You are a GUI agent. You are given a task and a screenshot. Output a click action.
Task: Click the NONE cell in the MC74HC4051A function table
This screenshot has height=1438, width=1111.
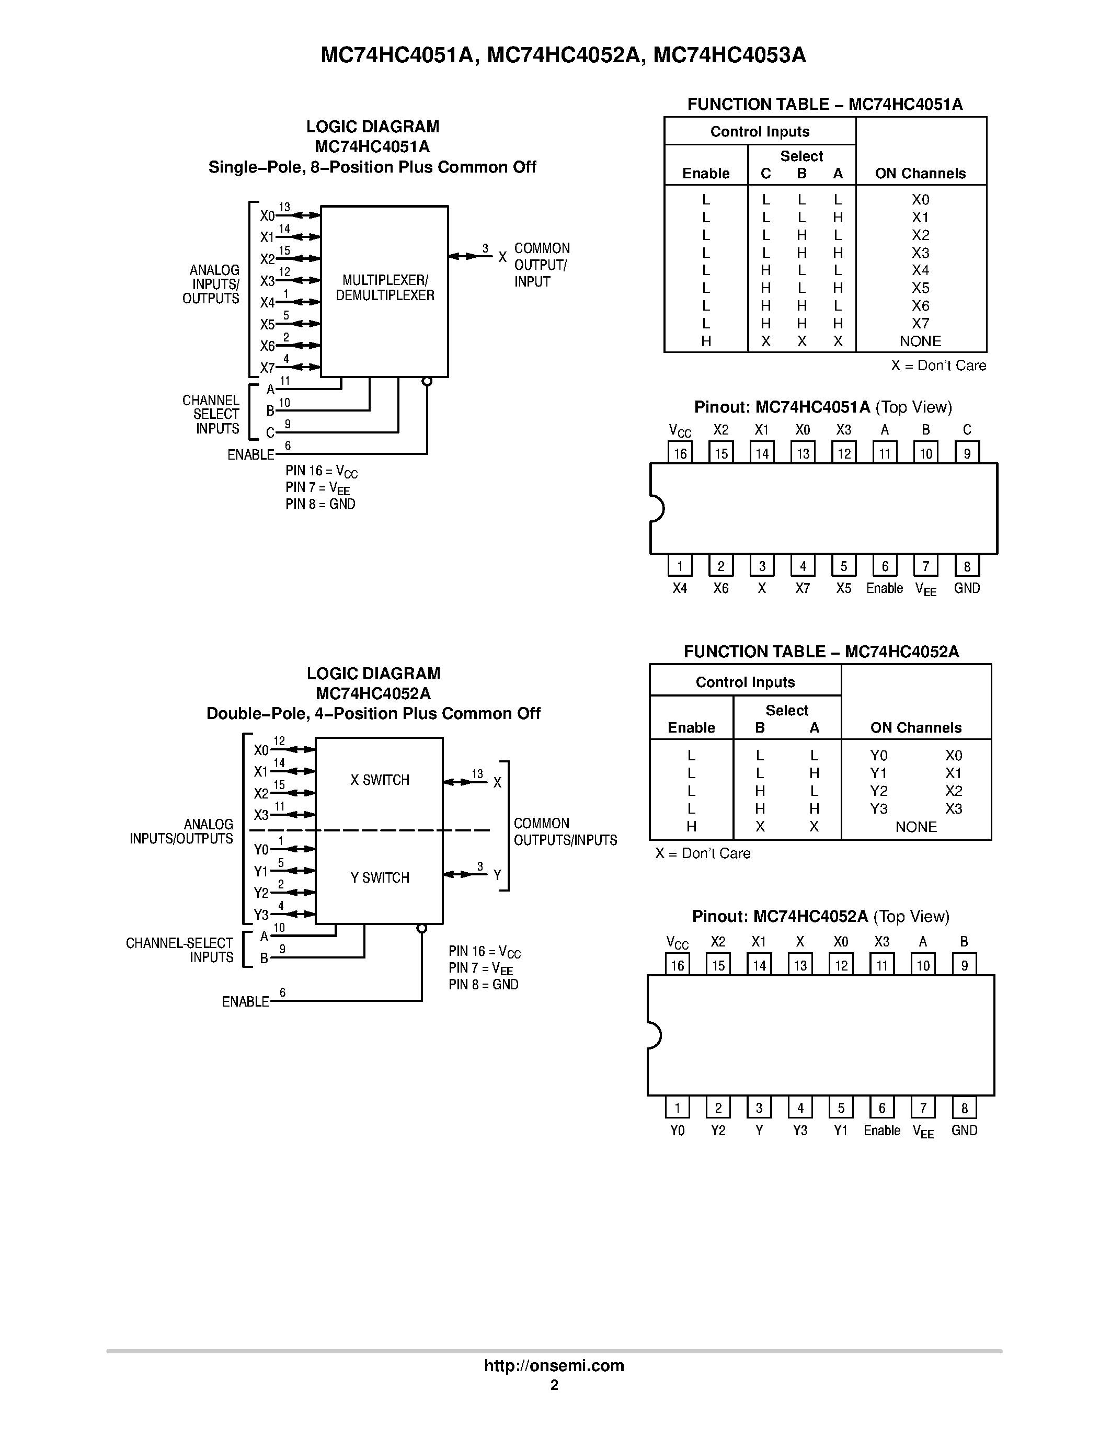coord(920,341)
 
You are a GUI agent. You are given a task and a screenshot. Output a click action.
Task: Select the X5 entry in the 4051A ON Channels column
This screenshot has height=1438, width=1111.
coord(920,288)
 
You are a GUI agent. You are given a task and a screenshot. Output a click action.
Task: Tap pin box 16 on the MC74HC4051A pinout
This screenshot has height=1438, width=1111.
coord(680,453)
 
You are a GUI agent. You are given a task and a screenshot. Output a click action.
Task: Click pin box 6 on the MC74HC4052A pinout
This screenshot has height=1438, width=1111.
coord(882,1108)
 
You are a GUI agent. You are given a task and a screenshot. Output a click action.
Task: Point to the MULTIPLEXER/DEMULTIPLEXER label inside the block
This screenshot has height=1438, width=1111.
coord(385,288)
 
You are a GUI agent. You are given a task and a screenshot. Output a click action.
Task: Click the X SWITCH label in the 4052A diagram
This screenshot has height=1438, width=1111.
coord(380,780)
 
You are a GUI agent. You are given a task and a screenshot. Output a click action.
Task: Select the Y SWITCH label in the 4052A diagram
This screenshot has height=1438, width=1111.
coord(380,877)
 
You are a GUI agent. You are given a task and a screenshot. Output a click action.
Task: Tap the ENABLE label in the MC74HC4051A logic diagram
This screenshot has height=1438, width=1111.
coord(250,455)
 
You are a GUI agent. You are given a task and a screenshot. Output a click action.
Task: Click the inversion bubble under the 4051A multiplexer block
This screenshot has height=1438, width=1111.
coord(427,381)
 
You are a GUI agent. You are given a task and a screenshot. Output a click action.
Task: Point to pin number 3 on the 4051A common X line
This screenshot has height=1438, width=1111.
coord(485,248)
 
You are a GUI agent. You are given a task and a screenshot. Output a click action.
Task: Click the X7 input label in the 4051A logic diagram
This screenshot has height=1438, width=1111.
coord(267,368)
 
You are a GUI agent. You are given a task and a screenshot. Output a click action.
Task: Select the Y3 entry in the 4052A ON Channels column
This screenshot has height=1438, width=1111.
coord(879,808)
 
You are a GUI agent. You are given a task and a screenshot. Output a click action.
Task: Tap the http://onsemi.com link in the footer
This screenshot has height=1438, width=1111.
coord(554,1365)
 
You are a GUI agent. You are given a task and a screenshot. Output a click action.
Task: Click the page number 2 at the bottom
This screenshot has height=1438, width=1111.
coord(554,1385)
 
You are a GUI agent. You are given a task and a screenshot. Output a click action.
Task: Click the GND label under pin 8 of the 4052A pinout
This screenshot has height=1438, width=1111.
coord(964,1130)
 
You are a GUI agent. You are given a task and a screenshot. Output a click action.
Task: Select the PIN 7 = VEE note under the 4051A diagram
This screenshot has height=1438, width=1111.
coord(317,488)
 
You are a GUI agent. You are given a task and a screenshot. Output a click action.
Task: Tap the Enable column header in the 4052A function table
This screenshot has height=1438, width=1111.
coord(691,727)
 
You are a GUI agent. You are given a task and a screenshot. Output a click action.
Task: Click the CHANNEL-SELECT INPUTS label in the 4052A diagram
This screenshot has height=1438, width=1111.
coord(179,950)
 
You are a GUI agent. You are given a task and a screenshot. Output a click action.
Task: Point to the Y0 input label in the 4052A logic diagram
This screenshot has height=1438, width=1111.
coord(261,849)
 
